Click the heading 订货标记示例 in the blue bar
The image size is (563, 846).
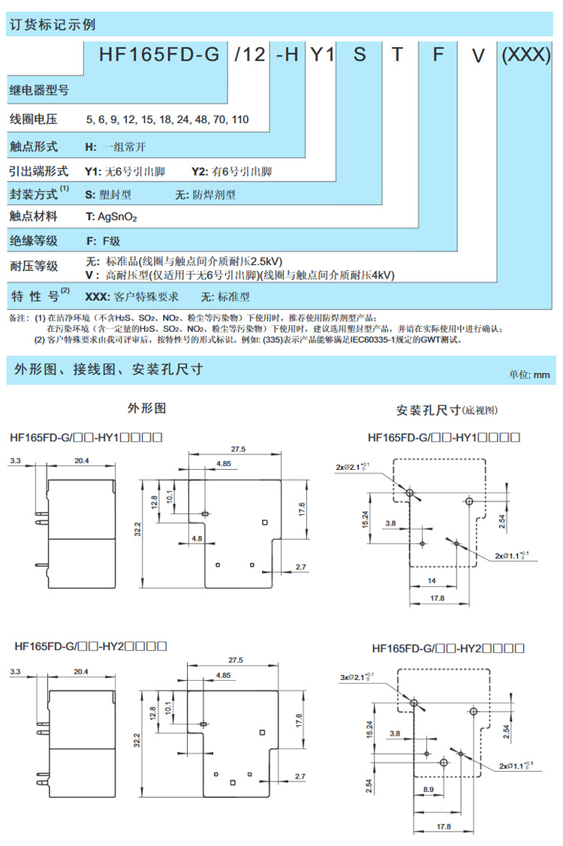click(52, 24)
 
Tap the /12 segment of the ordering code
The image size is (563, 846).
click(249, 56)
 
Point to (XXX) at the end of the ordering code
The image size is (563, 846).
click(526, 56)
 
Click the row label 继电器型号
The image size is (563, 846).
click(39, 91)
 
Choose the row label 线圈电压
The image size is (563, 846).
click(33, 119)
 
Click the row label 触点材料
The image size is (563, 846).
click(33, 216)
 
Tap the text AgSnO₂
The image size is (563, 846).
click(116, 216)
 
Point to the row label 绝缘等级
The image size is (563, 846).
click(33, 241)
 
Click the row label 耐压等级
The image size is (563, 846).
click(33, 266)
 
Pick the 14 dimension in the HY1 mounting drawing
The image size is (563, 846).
click(432, 582)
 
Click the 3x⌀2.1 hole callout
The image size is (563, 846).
click(357, 677)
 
